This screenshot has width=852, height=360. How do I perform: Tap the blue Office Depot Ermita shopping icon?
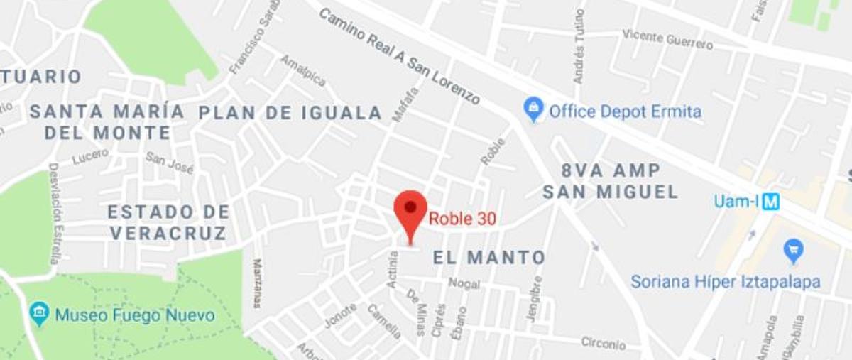pyautogui.click(x=533, y=110)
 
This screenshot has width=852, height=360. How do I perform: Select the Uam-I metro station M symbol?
pyautogui.click(x=770, y=202)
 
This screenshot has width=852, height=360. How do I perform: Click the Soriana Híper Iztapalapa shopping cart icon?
pyautogui.click(x=793, y=250)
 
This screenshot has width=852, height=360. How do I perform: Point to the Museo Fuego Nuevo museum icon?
pyautogui.click(x=39, y=313)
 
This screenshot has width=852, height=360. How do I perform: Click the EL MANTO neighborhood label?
pyautogui.click(x=489, y=258)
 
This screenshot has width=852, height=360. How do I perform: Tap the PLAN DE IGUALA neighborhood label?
pyautogui.click(x=290, y=113)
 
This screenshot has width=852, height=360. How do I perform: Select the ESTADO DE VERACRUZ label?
pyautogui.click(x=169, y=222)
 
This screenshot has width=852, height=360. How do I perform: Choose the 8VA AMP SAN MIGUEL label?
pyautogui.click(x=611, y=181)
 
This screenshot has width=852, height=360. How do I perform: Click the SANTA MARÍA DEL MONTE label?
pyautogui.click(x=107, y=122)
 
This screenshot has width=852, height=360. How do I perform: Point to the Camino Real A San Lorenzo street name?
pyautogui.click(x=399, y=57)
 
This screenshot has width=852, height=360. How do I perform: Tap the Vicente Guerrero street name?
pyautogui.click(x=667, y=39)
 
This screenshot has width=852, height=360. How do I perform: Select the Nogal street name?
pyautogui.click(x=464, y=284)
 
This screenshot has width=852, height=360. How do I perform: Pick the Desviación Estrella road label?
pyautogui.click(x=54, y=213)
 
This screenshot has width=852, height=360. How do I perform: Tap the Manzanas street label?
pyautogui.click(x=256, y=283)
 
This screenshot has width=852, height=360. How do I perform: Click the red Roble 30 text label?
pyautogui.click(x=462, y=219)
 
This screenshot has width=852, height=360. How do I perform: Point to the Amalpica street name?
pyautogui.click(x=302, y=70)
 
